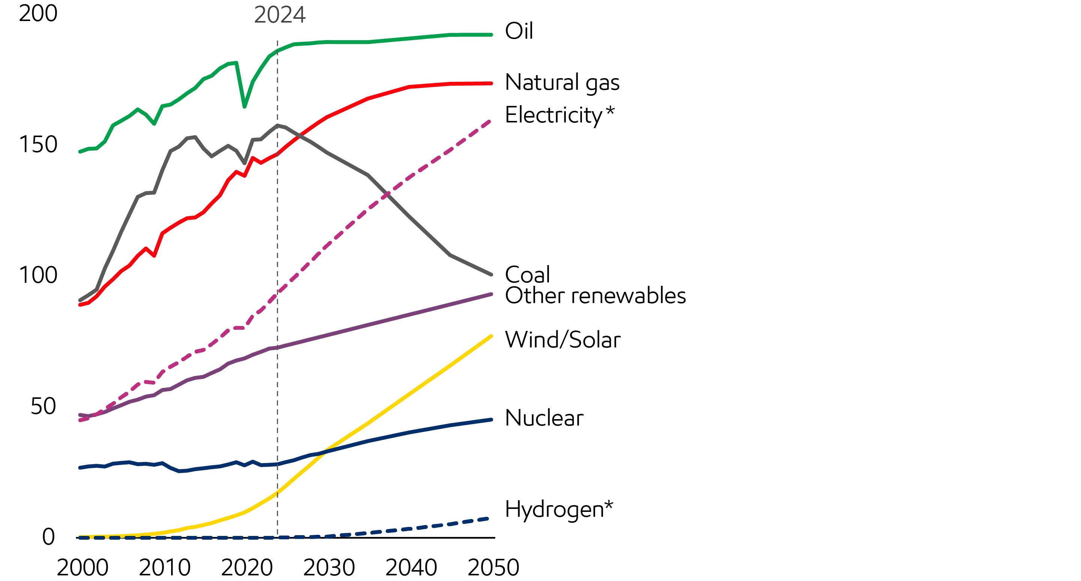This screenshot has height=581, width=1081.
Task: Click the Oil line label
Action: click(519, 31)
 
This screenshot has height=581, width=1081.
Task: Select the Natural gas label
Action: click(562, 82)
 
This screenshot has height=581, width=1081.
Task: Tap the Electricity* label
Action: click(559, 115)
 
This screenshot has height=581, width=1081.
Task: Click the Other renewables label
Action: click(595, 295)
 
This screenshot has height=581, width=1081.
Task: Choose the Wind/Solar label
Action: click(562, 340)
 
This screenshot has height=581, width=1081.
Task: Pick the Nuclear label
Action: click(544, 418)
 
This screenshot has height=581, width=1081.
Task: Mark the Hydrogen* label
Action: click(559, 509)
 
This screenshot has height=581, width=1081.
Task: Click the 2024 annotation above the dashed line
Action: click(280, 15)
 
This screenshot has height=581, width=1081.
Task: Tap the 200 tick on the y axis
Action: click(38, 14)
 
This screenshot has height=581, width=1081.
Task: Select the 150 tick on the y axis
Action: click(38, 145)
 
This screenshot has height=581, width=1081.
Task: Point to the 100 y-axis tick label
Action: click(38, 275)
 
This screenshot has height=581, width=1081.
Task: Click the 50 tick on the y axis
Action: click(43, 406)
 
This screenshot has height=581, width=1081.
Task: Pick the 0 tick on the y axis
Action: click(48, 537)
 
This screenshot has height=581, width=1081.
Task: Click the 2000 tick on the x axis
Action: click(82, 567)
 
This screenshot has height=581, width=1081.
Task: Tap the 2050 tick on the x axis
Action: click(493, 567)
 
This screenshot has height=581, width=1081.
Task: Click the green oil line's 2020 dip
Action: click(245, 107)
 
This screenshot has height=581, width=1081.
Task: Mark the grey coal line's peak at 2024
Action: click(277, 125)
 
